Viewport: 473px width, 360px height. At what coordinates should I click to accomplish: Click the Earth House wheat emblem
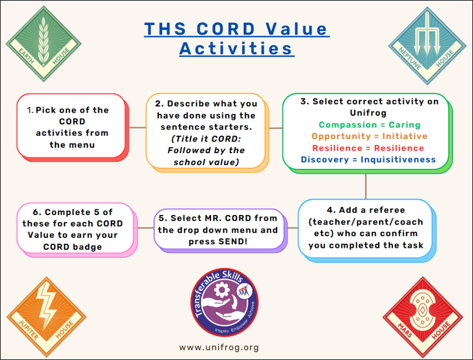click(43, 41)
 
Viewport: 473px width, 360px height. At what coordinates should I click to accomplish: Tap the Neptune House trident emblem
click(427, 34)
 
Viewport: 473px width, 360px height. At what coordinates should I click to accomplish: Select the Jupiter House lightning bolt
click(46, 305)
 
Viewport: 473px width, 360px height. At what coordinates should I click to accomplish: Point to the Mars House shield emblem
click(422, 310)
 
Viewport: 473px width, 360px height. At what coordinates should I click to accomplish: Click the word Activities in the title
click(236, 49)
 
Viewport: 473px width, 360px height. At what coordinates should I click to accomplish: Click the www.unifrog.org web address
click(219, 347)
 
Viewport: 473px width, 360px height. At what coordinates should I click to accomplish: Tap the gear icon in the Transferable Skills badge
click(222, 290)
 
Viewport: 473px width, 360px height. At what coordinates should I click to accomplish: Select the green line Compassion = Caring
click(370, 124)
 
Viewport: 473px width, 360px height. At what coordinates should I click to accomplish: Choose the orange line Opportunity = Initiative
click(370, 136)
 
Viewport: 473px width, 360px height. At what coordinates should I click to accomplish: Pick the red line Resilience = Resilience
click(368, 148)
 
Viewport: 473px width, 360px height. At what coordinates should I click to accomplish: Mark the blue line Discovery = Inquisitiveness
click(368, 160)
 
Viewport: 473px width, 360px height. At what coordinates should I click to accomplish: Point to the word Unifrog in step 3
click(368, 113)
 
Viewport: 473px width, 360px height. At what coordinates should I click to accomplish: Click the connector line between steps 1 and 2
click(137, 127)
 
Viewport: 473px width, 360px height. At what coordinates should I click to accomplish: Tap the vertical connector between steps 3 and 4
click(365, 186)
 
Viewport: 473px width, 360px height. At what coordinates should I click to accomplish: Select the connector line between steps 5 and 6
click(146, 228)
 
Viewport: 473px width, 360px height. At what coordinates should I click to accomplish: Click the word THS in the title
click(165, 29)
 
